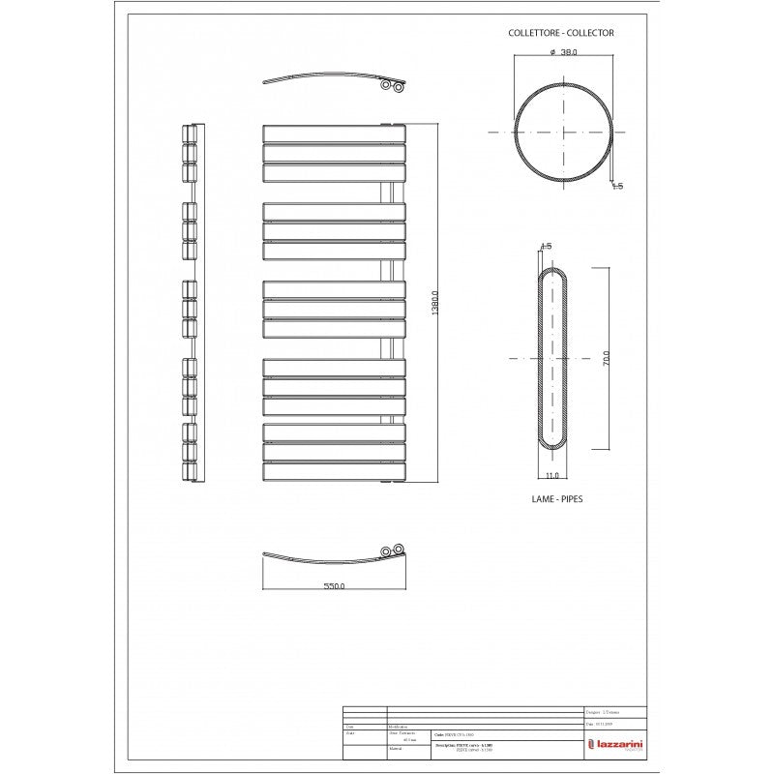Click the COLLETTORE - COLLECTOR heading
(x=561, y=32)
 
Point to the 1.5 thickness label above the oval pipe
(x=546, y=247)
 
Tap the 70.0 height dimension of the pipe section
(x=607, y=359)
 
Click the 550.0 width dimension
(x=333, y=586)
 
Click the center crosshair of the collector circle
(x=562, y=132)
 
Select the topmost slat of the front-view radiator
(x=333, y=134)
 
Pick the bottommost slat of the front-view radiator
(x=333, y=472)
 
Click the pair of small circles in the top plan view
(x=392, y=86)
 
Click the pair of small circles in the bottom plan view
(x=392, y=551)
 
